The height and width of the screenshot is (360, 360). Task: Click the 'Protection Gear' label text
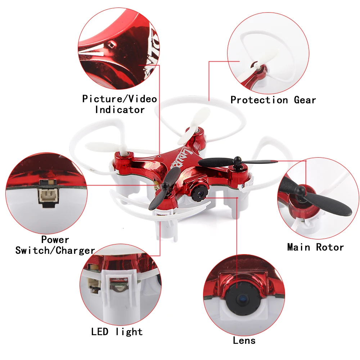(273, 100)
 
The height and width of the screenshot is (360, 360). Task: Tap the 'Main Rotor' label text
(315, 247)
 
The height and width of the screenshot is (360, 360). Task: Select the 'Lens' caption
(244, 340)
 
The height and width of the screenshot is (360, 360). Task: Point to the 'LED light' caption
(117, 332)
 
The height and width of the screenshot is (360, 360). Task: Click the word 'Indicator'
(120, 109)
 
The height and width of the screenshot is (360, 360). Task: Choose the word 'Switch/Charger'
(55, 250)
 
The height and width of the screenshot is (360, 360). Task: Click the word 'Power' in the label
(55, 239)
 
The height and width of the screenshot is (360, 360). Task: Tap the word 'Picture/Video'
(120, 99)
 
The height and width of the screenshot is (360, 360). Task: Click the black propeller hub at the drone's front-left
(165, 186)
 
